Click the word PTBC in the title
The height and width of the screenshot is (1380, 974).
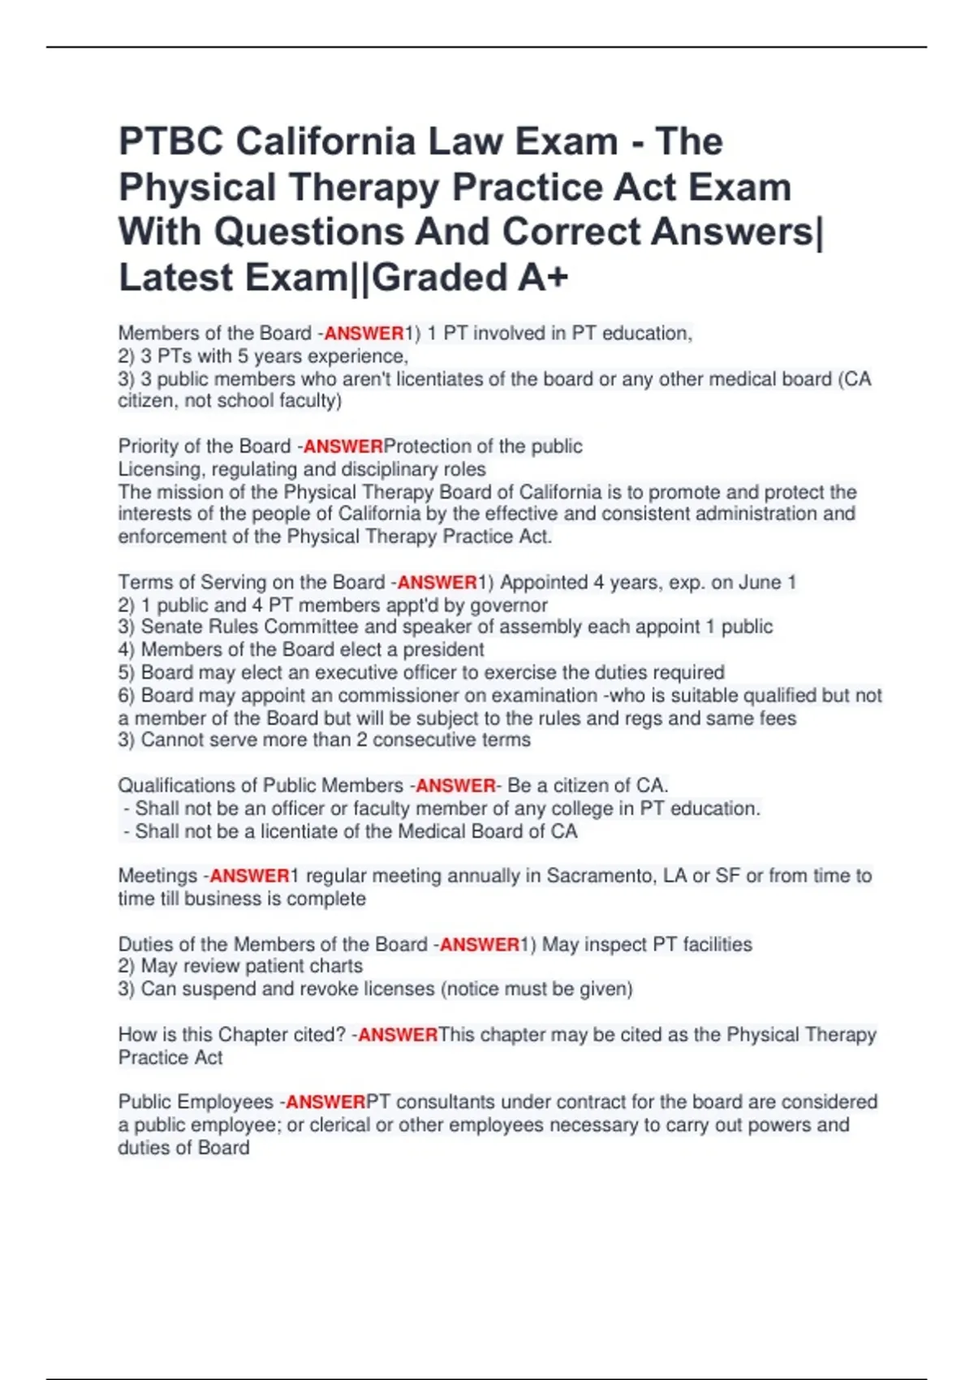click(171, 141)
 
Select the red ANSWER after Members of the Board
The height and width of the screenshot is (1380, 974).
click(364, 333)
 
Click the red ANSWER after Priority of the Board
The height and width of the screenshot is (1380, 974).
click(343, 446)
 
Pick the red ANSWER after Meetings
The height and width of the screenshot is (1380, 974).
click(249, 876)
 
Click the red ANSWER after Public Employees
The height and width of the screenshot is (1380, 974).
click(325, 1102)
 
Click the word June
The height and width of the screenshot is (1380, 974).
click(760, 583)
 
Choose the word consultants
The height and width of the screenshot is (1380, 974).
click(445, 1102)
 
